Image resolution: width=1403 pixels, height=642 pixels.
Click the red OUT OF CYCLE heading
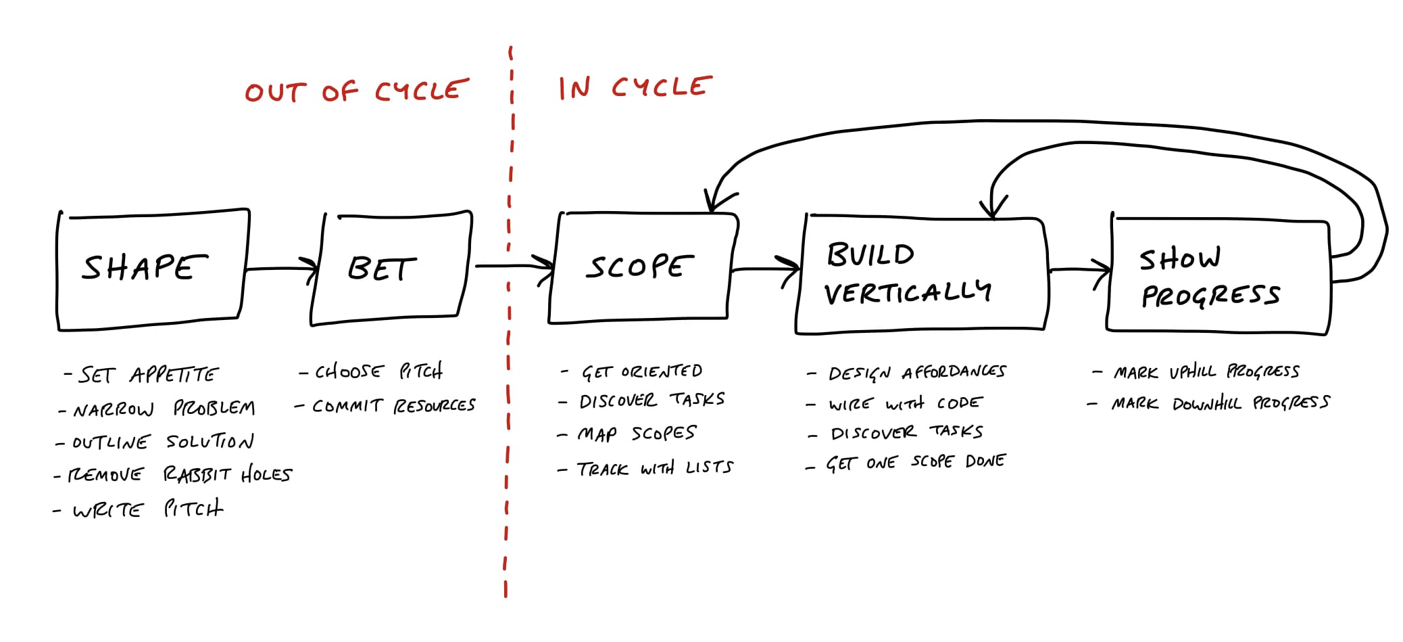point(357,91)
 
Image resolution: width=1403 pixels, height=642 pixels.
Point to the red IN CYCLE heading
point(635,87)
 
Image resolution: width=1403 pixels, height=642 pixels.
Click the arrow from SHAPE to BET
point(281,269)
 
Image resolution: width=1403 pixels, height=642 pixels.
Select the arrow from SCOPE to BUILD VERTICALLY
point(766,269)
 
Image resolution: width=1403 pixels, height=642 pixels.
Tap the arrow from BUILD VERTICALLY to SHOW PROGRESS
point(1079,271)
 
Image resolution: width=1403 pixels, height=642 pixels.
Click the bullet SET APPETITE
point(141,374)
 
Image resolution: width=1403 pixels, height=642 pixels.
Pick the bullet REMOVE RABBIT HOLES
point(172,474)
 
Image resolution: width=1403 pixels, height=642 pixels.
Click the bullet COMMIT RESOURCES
point(385,405)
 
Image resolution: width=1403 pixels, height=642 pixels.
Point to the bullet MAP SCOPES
point(626,434)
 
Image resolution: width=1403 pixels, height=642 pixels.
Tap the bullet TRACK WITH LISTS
point(645,468)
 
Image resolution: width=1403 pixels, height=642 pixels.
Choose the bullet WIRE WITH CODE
point(894,403)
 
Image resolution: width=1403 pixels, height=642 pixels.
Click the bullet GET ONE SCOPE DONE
point(906,463)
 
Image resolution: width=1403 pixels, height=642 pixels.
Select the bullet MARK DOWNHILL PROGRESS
point(1208,403)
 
